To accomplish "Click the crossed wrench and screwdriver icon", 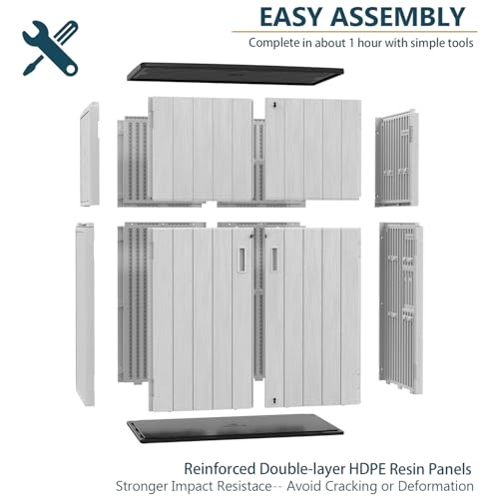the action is click(x=50, y=48).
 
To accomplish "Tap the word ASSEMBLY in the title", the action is click(x=397, y=17).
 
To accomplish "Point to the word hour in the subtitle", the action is click(x=369, y=43).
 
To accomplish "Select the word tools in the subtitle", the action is click(x=458, y=43).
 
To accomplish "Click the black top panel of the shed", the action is click(x=235, y=73).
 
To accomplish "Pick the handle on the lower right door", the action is click(x=274, y=259).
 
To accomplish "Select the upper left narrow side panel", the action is click(x=90, y=154).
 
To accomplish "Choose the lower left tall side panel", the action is click(x=85, y=313).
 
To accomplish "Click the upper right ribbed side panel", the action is click(x=396, y=159).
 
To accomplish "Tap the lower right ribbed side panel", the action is click(x=402, y=307).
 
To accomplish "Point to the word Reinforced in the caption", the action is click(x=220, y=469).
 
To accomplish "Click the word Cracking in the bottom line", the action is click(x=350, y=486).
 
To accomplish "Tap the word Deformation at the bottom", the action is click(x=436, y=486).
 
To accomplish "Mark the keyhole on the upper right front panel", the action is click(x=274, y=105).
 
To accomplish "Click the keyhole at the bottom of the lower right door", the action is click(x=274, y=400).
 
